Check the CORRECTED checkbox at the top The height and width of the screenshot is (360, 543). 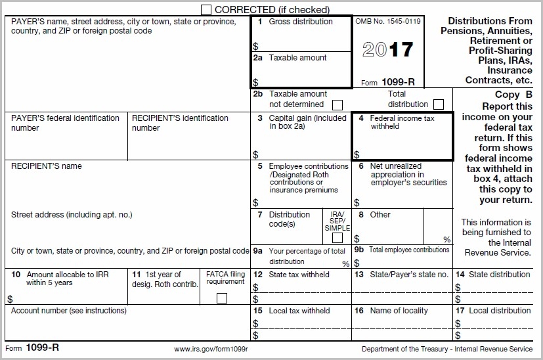206,9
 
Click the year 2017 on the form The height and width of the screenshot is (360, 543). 387,50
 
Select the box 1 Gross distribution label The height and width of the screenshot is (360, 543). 300,22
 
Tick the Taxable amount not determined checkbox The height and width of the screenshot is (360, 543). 337,104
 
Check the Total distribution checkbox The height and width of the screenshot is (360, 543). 438,104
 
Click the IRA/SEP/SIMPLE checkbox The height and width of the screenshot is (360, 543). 337,238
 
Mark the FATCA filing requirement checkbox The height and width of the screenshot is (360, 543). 222,298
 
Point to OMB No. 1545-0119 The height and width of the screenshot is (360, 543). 387,22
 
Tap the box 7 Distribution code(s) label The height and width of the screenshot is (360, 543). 289,219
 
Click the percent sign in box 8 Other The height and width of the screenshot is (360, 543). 446,240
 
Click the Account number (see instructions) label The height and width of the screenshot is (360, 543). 69,311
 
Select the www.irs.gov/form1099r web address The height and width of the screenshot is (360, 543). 211,349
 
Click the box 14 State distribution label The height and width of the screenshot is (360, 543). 498,275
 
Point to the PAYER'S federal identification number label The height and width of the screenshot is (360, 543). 65,123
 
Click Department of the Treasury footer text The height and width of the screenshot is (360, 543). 447,349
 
